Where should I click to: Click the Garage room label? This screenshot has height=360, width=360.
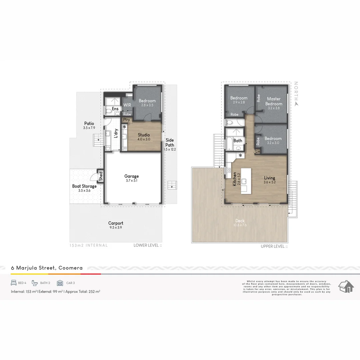(x=131, y=176)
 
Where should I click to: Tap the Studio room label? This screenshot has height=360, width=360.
(x=144, y=135)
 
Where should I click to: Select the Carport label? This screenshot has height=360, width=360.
(x=116, y=223)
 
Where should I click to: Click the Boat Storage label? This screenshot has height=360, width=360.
(x=84, y=186)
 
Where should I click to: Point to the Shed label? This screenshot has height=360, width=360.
(x=101, y=176)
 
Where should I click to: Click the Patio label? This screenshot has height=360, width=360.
(x=89, y=123)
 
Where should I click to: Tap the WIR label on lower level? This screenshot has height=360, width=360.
(x=127, y=105)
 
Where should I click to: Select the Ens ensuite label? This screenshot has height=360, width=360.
(x=115, y=109)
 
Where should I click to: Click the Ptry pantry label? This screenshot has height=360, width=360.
(x=126, y=119)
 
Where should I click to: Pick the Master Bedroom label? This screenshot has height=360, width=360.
(x=274, y=101)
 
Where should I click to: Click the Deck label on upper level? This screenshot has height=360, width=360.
(x=240, y=220)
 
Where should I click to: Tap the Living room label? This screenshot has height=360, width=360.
(x=269, y=178)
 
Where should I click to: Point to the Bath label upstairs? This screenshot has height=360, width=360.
(x=238, y=141)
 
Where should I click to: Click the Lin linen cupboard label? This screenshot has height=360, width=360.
(x=257, y=152)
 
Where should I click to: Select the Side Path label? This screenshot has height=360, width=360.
(x=170, y=142)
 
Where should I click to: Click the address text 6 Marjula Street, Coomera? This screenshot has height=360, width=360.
(x=47, y=268)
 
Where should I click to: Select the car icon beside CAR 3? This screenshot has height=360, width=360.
(x=60, y=283)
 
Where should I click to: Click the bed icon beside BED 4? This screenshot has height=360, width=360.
(x=14, y=283)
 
